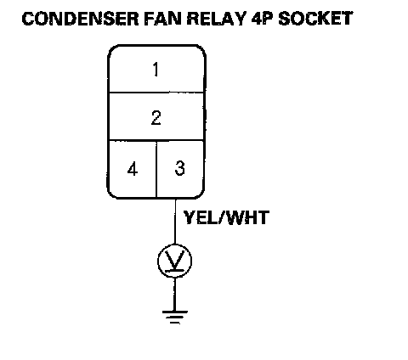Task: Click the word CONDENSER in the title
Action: pos(81,19)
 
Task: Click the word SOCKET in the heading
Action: pos(315,19)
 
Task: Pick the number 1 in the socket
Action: pos(156,70)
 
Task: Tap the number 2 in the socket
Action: pos(156,118)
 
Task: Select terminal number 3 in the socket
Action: pos(180,168)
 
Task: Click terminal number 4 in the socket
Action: pos(133,169)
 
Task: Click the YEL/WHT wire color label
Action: pos(226,217)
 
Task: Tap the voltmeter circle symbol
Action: pos(175,261)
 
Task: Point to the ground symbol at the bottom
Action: pos(175,317)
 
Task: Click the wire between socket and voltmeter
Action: pos(175,222)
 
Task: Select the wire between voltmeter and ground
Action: pos(174,294)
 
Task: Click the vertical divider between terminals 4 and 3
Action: pos(156,169)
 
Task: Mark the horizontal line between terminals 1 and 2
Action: pos(156,93)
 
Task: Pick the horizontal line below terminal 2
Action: pos(156,140)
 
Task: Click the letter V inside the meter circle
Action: pos(175,260)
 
